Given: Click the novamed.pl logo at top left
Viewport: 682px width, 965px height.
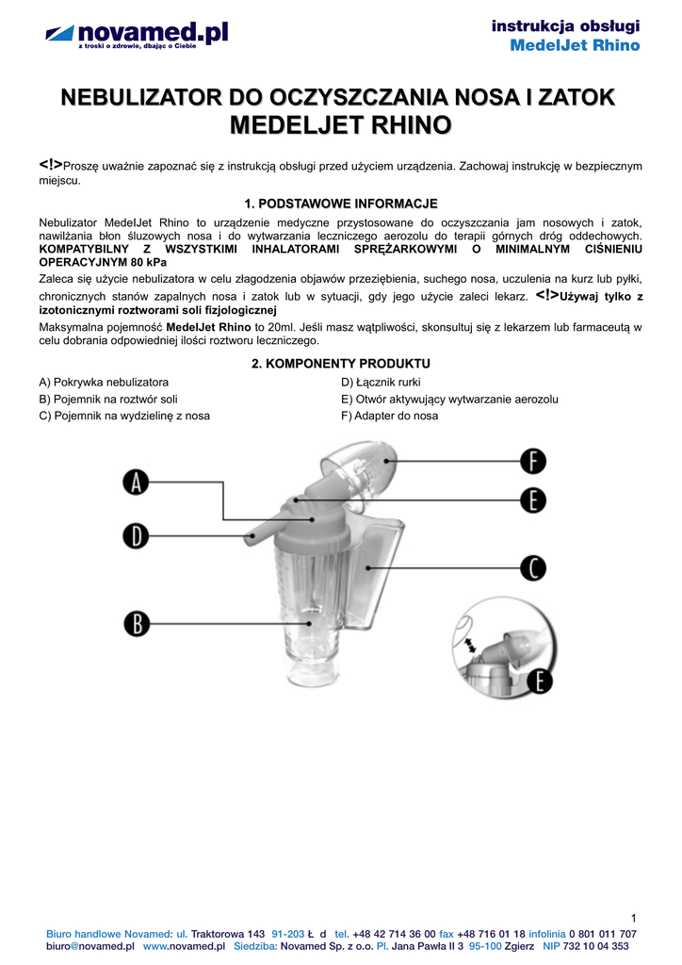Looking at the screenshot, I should point(138,37).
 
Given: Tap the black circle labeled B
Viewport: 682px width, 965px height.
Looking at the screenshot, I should point(137,623).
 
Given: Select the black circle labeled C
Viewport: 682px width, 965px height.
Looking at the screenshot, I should point(533,567).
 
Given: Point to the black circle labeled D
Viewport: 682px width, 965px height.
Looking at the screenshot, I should point(137,536).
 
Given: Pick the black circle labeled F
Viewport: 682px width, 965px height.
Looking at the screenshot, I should point(533,461).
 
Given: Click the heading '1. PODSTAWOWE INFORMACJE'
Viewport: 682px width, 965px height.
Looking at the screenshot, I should point(340,204).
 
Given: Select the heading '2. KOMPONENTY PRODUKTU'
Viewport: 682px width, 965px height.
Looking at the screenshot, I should point(340,363).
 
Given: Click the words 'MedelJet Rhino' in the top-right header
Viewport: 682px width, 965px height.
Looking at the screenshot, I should point(575,45).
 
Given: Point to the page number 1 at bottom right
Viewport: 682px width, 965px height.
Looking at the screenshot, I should point(635,918).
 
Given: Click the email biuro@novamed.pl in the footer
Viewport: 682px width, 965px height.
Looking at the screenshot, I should point(90,945).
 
